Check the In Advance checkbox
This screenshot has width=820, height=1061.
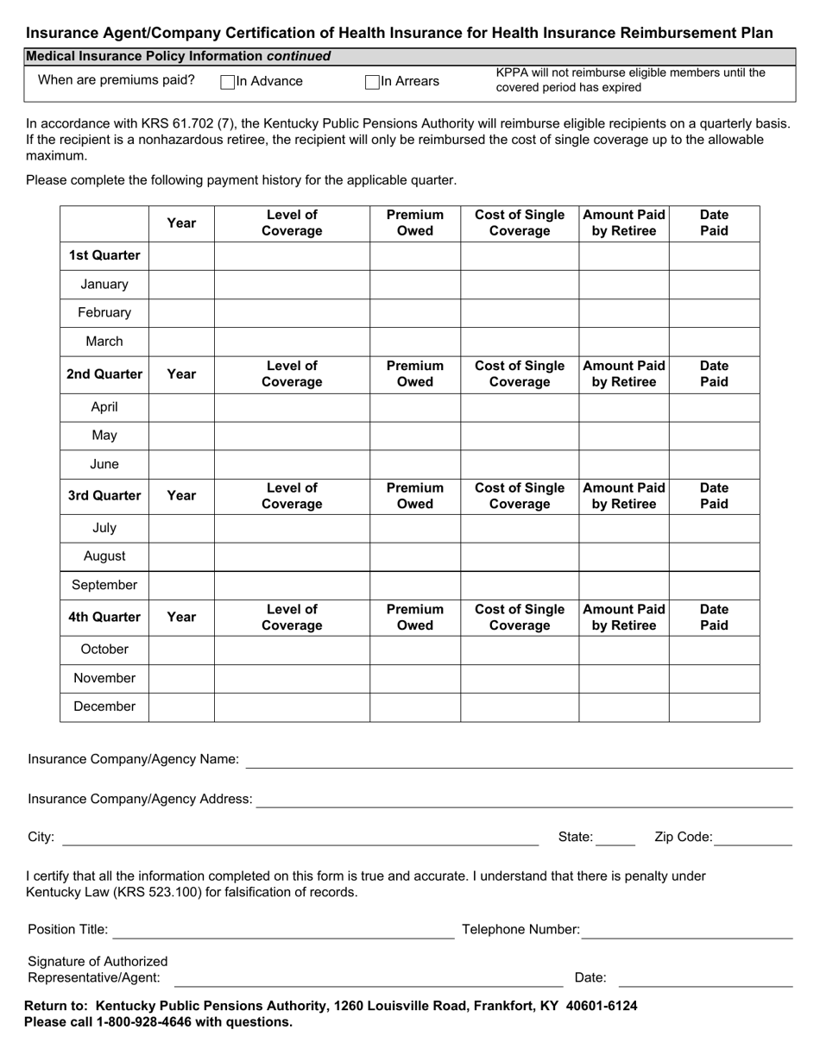(228, 82)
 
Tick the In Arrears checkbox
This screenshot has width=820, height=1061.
(372, 82)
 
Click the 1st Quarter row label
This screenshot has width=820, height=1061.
(104, 255)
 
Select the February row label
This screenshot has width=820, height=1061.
(104, 313)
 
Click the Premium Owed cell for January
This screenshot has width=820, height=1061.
(415, 285)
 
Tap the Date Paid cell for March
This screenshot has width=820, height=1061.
(714, 342)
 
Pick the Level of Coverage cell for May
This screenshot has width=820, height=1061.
(292, 436)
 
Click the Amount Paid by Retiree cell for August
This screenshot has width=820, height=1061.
(623, 556)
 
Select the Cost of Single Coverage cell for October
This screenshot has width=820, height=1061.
(519, 650)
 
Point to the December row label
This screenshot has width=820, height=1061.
(104, 706)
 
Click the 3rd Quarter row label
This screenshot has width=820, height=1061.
(104, 496)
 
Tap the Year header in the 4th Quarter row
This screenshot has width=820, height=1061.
(181, 617)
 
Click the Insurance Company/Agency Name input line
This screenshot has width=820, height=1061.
(519, 759)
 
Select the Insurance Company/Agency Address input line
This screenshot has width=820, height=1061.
(524, 799)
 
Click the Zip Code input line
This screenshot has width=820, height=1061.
(754, 837)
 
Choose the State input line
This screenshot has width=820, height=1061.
(615, 837)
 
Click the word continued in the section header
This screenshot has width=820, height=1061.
(299, 56)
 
